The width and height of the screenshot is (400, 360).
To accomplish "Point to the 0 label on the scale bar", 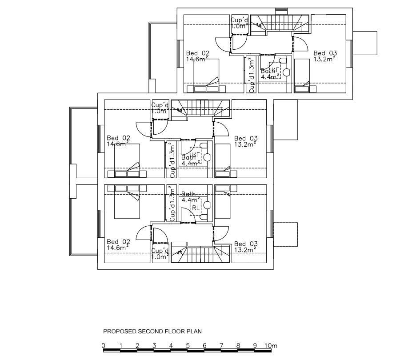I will click(103, 346).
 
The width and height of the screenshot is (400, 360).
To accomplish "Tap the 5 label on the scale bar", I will click(188, 346).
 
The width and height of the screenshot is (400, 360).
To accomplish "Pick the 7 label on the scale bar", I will click(221, 346).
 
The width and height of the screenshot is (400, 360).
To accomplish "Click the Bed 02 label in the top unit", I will click(197, 53).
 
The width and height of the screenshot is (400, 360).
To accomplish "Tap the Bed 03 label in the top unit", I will click(324, 53).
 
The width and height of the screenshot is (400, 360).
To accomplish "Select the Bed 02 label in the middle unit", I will click(118, 138).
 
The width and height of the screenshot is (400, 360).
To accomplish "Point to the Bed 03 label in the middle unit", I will click(246, 138).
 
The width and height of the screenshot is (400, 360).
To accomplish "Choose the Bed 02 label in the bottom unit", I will click(118, 242).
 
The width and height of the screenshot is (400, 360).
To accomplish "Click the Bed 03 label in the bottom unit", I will click(246, 244).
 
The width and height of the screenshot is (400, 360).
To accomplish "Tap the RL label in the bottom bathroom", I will click(196, 208).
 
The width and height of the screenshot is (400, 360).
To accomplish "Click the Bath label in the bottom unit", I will click(189, 194).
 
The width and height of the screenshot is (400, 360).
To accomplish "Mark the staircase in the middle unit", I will click(201, 108).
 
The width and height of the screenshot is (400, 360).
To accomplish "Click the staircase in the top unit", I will click(280, 23).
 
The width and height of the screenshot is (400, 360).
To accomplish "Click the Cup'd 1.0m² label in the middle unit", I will click(160, 108).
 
